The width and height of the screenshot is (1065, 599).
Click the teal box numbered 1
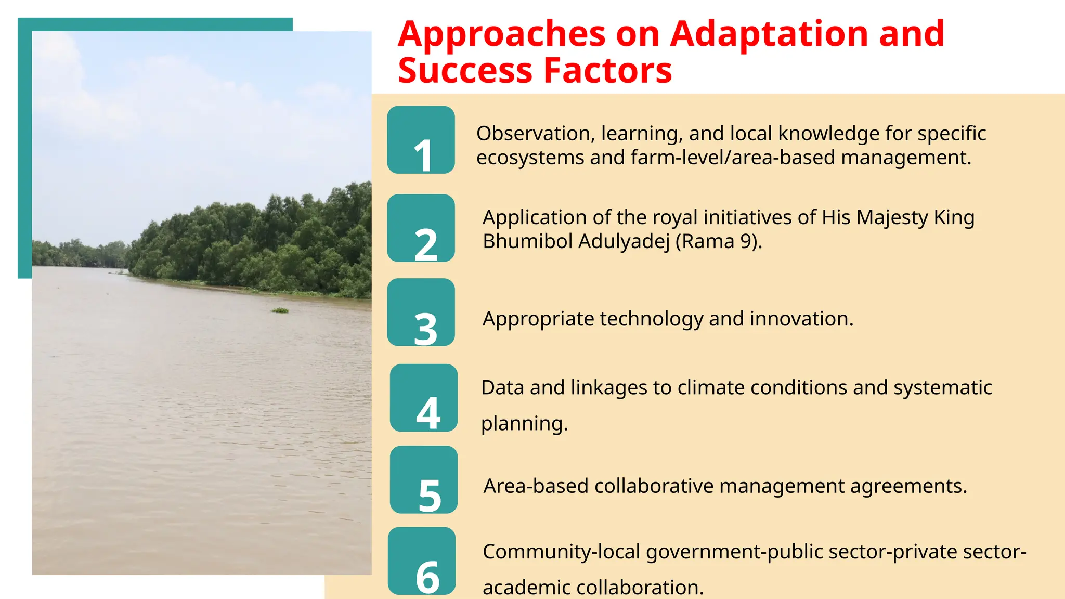(x=421, y=140)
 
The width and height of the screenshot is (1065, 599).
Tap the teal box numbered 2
(x=421, y=228)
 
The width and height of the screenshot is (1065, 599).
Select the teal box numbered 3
(x=421, y=312)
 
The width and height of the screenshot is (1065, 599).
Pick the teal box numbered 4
(x=424, y=398)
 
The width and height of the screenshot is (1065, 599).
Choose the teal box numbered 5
(x=424, y=479)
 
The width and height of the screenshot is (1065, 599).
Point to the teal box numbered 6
(x=422, y=561)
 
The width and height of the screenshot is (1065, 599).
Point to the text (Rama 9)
(x=718, y=241)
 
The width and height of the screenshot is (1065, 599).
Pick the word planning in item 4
(x=524, y=423)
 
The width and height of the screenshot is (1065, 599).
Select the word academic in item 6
(x=527, y=588)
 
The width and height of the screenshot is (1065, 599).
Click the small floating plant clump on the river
(x=280, y=310)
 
